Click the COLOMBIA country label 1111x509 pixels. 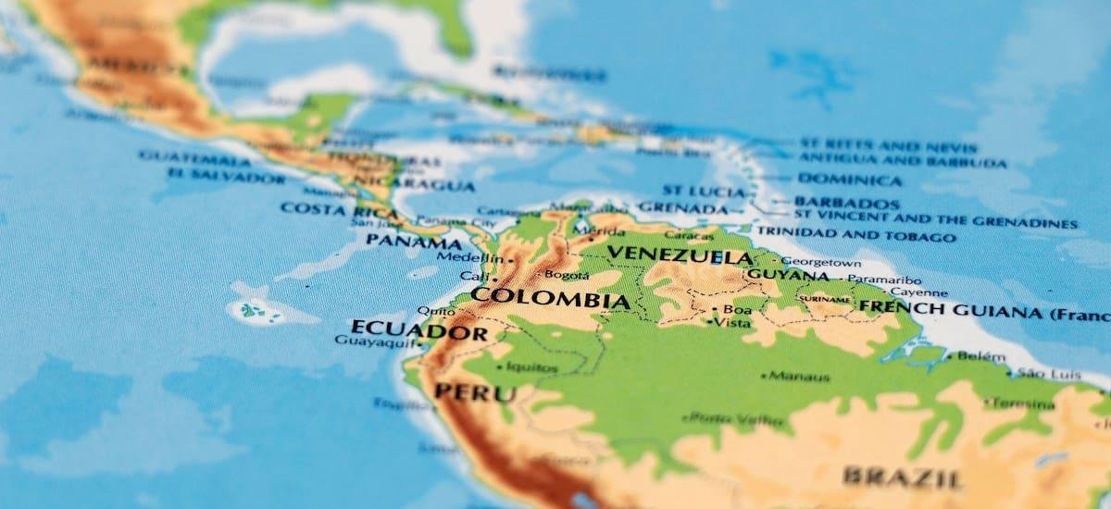tap(550, 299)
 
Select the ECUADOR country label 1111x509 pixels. tap(418, 329)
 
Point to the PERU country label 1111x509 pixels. tap(475, 392)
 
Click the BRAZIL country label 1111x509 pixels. tap(902, 477)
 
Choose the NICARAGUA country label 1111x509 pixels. tap(426, 185)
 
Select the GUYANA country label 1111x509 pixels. tap(788, 275)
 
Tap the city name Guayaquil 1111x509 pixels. tap(370, 341)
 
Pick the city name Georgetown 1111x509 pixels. tap(821, 262)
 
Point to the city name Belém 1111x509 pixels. tap(980, 355)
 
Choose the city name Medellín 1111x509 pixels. tap(463, 257)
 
